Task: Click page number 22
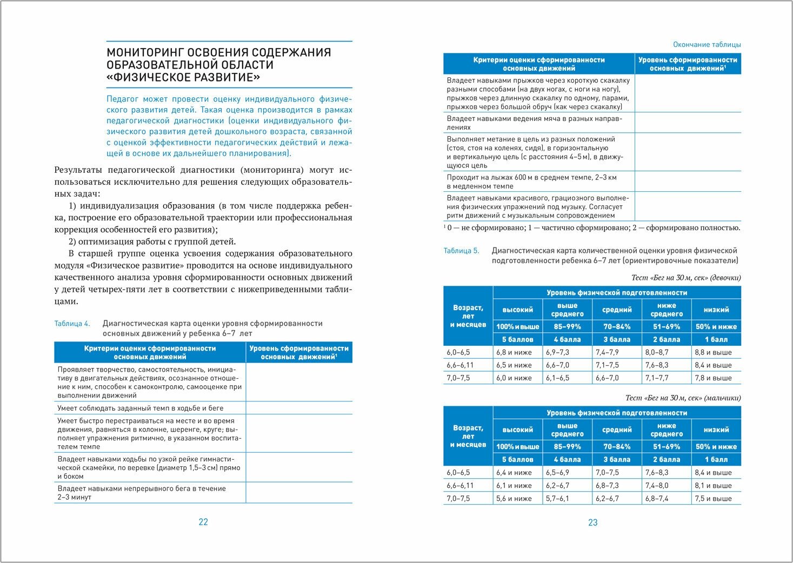click(203, 522)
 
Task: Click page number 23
click(592, 522)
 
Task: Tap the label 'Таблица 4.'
click(72, 324)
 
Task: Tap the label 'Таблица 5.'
click(461, 251)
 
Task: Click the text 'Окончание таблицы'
click(707, 45)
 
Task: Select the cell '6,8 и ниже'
click(514, 352)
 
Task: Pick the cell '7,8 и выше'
click(713, 378)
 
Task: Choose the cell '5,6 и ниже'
click(514, 499)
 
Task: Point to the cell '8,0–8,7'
click(657, 352)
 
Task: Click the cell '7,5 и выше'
click(713, 499)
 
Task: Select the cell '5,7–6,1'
click(557, 499)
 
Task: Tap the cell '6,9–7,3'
click(557, 352)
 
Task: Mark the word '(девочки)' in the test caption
click(725, 278)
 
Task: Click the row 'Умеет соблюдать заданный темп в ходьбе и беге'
click(141, 408)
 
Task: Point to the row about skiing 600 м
click(531, 182)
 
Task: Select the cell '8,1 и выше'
click(713, 486)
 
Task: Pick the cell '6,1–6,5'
click(557, 378)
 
